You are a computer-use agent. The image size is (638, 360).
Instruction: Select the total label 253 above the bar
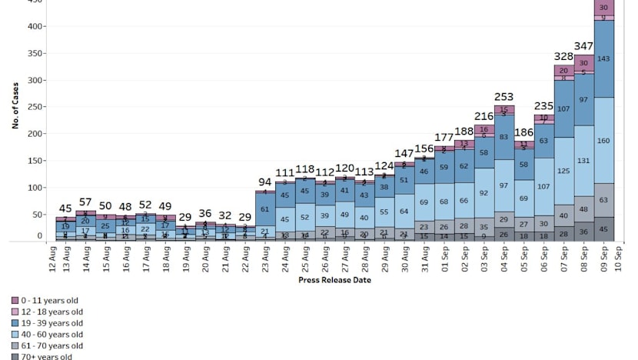504,97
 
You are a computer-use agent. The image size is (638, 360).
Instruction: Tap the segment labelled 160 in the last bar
604,141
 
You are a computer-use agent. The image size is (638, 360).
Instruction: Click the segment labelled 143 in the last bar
604,58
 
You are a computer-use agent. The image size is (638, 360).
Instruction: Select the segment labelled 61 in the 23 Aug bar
264,208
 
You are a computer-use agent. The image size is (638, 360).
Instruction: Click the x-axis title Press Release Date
334,280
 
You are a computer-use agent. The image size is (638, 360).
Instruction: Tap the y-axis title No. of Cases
15,107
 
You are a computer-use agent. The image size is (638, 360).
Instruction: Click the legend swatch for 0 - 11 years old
15,300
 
